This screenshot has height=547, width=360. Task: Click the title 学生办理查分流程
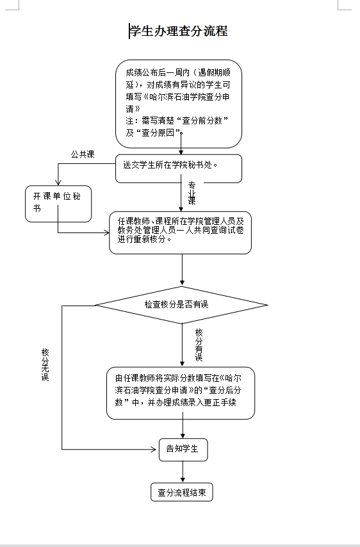pyautogui.click(x=179, y=31)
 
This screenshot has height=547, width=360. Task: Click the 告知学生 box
pyautogui.click(x=183, y=450)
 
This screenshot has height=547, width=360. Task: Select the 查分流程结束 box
pyautogui.click(x=182, y=492)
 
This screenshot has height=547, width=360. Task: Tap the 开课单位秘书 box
pyautogui.click(x=58, y=204)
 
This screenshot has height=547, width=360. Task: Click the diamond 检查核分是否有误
pyautogui.click(x=182, y=305)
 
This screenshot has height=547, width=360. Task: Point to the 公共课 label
pyautogui.click(x=83, y=154)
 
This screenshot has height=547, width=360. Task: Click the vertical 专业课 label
pyautogui.click(x=192, y=193)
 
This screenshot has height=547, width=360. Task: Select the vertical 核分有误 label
pyautogui.click(x=199, y=345)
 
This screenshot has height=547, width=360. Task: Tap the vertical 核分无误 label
pyautogui.click(x=45, y=364)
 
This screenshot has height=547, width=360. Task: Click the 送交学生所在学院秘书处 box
pyautogui.click(x=179, y=168)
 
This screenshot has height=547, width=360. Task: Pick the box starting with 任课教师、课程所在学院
pyautogui.click(x=181, y=233)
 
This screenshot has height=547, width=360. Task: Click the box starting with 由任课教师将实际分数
pyautogui.click(x=181, y=393)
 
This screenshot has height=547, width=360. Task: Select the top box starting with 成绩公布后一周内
pyautogui.click(x=179, y=104)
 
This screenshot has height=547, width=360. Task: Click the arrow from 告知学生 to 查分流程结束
pyautogui.click(x=183, y=472)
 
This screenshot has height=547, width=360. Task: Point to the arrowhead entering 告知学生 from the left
pyautogui.click(x=154, y=450)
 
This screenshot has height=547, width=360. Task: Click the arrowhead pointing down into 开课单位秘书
pyautogui.click(x=58, y=182)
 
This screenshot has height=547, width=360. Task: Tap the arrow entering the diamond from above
pyautogui.click(x=182, y=270)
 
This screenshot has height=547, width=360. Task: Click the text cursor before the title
pyautogui.click(x=129, y=31)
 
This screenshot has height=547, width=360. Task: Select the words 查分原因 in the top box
pyautogui.click(x=158, y=133)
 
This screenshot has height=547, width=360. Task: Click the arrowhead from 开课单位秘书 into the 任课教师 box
pyautogui.click(x=106, y=233)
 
